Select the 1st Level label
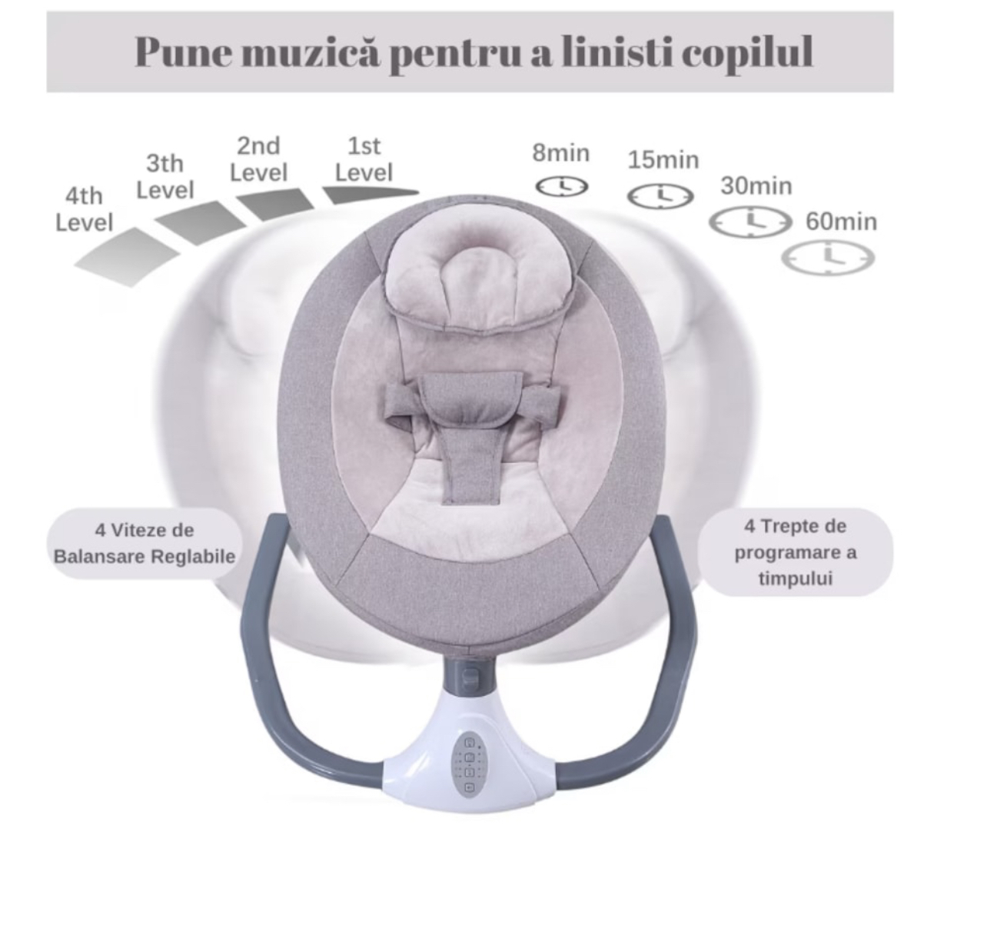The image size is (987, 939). (x=364, y=159)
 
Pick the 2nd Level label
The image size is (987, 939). (x=258, y=158)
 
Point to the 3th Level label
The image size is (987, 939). (x=164, y=177)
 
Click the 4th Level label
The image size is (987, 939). (x=84, y=209)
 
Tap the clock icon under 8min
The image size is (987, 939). (x=561, y=187)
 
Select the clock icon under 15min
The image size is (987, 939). (x=660, y=196)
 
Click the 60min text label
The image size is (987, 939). (x=841, y=221)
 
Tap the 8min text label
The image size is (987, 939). (x=561, y=153)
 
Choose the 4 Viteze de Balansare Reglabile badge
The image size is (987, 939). (x=145, y=543)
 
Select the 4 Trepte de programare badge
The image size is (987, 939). (x=795, y=552)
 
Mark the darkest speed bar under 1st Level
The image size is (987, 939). (x=370, y=195)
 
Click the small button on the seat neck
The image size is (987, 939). (x=470, y=676)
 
